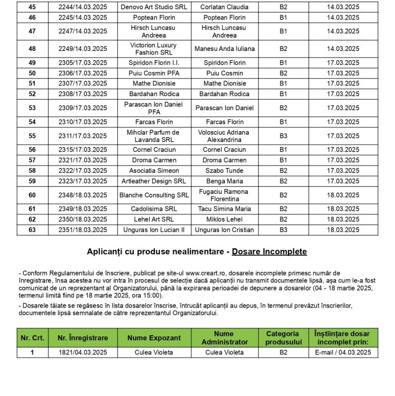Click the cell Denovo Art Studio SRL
click(x=154, y=7)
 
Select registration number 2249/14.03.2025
click(x=83, y=49)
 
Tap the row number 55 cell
click(x=32, y=136)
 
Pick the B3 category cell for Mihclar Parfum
click(x=283, y=136)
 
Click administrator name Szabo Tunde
click(x=224, y=171)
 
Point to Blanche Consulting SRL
click(x=154, y=195)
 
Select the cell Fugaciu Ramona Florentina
click(x=224, y=195)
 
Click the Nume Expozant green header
click(x=154, y=338)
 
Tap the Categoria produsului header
click(x=283, y=338)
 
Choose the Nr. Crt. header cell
click(x=32, y=338)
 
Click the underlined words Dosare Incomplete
click(x=269, y=251)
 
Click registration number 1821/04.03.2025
click(x=83, y=352)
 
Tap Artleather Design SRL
click(x=154, y=181)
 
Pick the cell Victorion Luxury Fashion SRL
click(x=154, y=49)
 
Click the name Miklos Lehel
click(x=224, y=220)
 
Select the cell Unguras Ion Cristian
click(x=224, y=230)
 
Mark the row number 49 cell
click(x=32, y=63)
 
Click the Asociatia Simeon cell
click(x=154, y=171)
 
